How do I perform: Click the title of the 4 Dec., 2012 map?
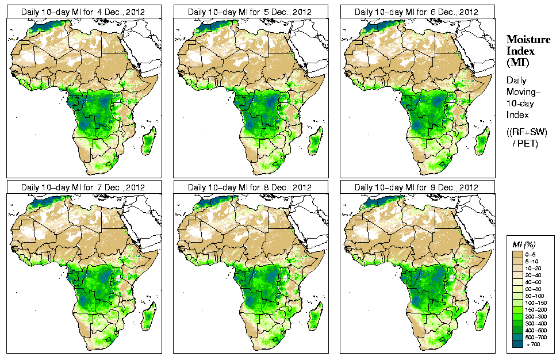[x=83, y=12]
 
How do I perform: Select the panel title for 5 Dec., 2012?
[x=250, y=12]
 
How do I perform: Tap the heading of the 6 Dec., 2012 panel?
[x=417, y=12]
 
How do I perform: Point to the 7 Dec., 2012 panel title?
[x=83, y=187]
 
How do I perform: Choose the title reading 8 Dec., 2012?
[x=250, y=187]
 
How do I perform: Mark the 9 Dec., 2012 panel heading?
[x=417, y=187]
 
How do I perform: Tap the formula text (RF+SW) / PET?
[x=527, y=137]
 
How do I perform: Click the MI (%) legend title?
[x=522, y=245]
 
